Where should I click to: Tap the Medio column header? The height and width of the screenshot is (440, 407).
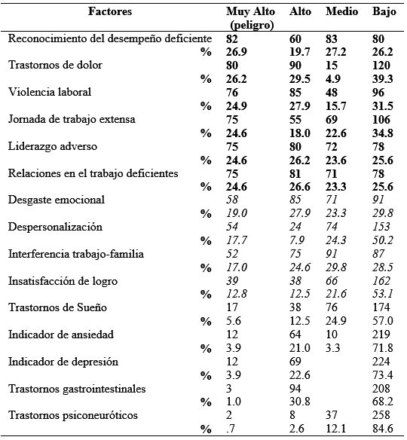pos(341,12)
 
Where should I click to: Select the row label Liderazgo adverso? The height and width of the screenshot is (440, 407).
pos(49,146)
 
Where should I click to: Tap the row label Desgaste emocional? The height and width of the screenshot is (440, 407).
pos(56,200)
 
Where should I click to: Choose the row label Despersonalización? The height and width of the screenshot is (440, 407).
pos(55,228)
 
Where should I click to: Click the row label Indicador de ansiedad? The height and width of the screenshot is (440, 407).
pos(59,335)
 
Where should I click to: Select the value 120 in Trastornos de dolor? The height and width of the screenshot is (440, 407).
pos(383,65)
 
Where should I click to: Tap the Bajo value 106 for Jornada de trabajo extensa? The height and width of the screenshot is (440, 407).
pos(383,119)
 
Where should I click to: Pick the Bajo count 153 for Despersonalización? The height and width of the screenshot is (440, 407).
pos(382,228)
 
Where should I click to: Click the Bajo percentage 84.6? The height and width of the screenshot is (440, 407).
pos(383,430)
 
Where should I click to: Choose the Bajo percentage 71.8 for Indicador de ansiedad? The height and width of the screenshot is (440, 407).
pos(383,349)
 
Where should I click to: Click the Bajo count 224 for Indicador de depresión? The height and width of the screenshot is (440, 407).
pos(383,362)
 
